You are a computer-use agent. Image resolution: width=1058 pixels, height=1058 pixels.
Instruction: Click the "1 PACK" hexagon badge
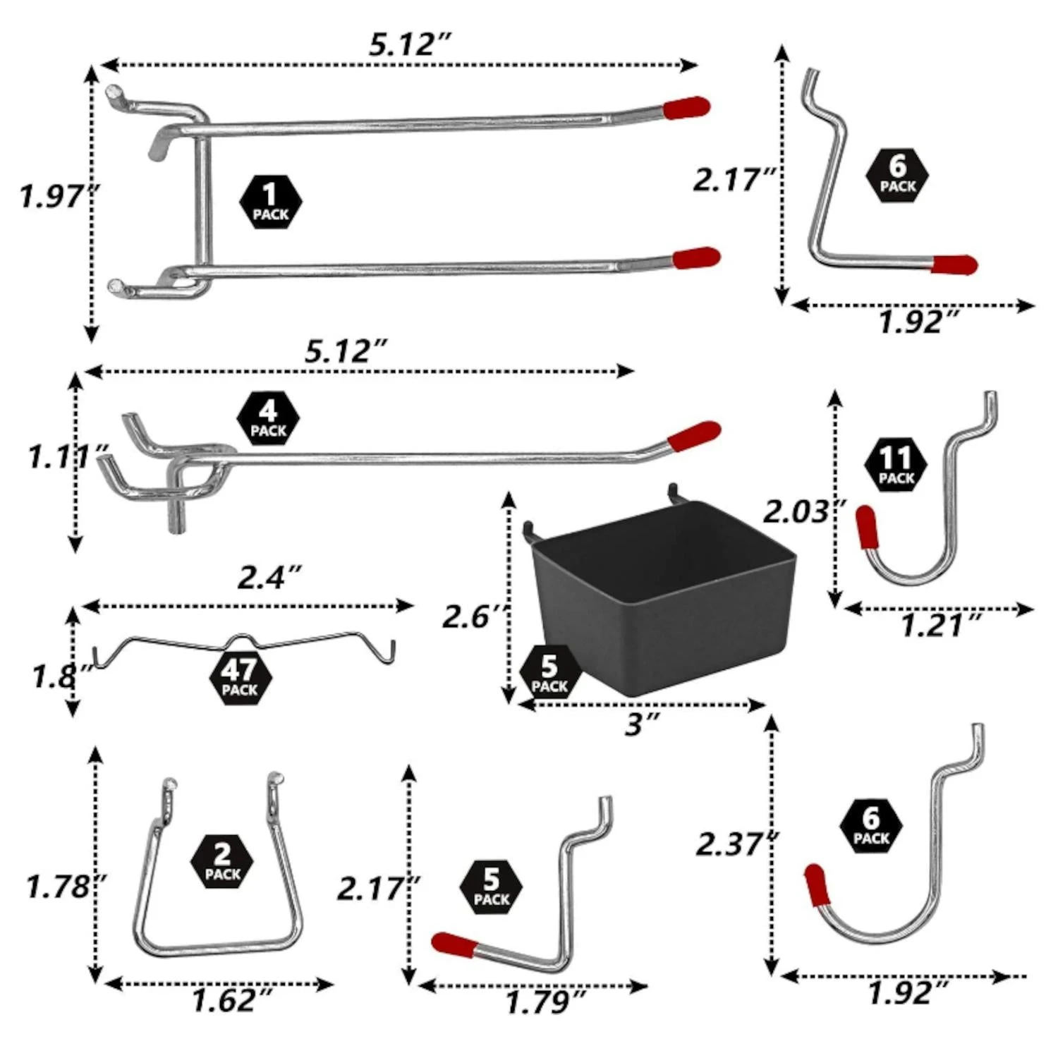coord(271,203)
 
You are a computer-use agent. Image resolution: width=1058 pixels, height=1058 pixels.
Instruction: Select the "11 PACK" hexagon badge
coord(896,464)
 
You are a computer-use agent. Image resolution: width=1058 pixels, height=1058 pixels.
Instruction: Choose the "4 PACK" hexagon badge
coord(268,419)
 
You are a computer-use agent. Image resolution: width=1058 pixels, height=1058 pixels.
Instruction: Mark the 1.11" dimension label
coord(67,457)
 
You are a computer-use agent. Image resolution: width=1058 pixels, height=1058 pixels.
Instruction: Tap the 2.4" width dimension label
coord(269,578)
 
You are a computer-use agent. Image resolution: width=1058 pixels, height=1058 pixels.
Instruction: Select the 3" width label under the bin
coord(642,724)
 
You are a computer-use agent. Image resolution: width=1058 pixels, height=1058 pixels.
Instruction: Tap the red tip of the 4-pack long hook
coord(694,436)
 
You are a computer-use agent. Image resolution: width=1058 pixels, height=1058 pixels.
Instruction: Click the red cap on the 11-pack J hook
coord(866,526)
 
